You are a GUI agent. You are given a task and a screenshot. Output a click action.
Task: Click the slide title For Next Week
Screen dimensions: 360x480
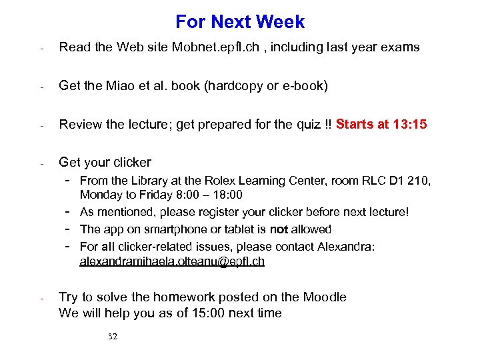(x=240, y=22)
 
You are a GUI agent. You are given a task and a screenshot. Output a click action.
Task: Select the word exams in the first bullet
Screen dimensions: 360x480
(x=401, y=47)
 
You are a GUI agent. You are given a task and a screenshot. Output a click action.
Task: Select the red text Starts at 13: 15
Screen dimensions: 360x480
(x=381, y=125)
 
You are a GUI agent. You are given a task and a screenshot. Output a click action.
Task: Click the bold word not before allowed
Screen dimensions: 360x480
(x=278, y=229)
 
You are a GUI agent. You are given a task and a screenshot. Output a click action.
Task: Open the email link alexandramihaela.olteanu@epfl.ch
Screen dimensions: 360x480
(x=172, y=261)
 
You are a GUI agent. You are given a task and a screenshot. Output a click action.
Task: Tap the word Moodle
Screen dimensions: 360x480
(x=325, y=297)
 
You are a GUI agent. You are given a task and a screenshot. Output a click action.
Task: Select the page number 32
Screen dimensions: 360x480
(x=113, y=337)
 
